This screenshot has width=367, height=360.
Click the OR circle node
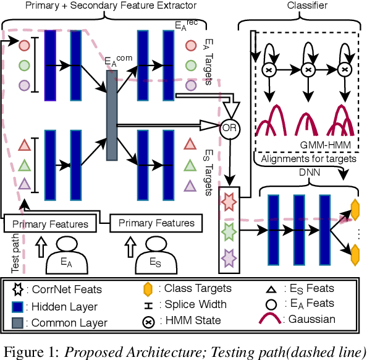tap(229, 129)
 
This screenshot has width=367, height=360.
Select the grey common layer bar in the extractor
tap(112, 114)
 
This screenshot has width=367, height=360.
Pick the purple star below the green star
tap(227, 257)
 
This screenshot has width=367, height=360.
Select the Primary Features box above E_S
tap(156, 223)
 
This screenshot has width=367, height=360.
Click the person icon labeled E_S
tap(156, 260)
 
